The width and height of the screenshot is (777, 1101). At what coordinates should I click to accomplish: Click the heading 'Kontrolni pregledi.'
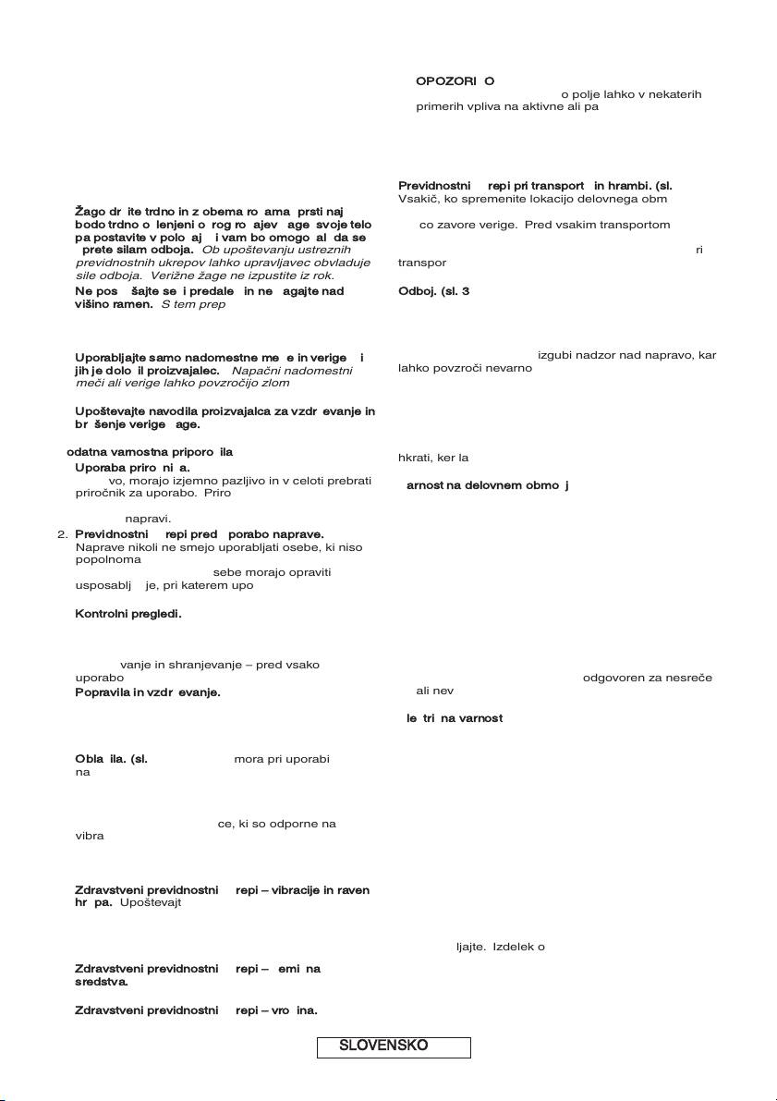128,614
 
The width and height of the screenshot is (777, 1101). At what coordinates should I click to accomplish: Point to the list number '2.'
63,534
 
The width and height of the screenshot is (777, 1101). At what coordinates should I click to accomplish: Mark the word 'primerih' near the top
442,106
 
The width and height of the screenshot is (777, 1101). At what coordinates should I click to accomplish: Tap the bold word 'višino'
93,304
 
